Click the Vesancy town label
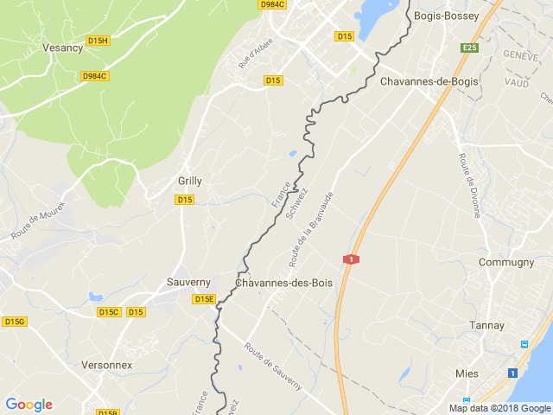coord(63,48)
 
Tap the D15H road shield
coord(98,41)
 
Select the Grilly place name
coord(190,182)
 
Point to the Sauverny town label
coord(189,283)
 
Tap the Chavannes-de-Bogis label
coord(429,81)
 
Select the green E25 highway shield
coord(469,48)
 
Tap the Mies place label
coord(466,373)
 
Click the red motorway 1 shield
coord(351,259)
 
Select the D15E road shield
coord(204,299)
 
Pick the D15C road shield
coord(108,312)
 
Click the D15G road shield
coord(14,322)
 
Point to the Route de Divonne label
coord(470,185)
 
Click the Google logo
coord(29,404)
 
